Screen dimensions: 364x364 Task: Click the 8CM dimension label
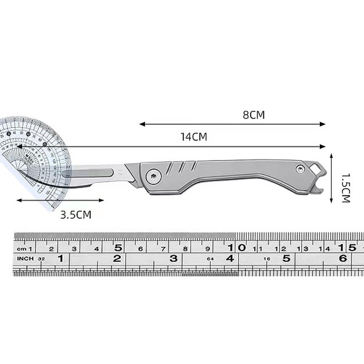point(254,115)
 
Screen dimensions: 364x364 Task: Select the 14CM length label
point(194,137)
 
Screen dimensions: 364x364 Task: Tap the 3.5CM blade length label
point(76,215)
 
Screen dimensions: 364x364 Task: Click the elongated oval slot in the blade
point(88,172)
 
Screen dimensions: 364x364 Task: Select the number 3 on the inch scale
point(174,258)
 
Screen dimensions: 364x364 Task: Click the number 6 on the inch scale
point(343,258)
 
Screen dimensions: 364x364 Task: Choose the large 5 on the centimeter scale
point(118,248)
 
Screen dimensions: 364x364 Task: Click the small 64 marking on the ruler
point(210,259)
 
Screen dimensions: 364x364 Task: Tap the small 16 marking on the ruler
point(267,259)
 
